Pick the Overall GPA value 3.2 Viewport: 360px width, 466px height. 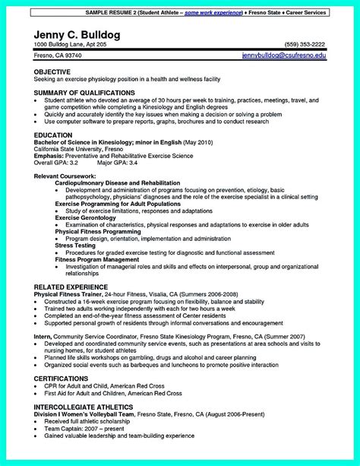pyautogui.click(x=73, y=163)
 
